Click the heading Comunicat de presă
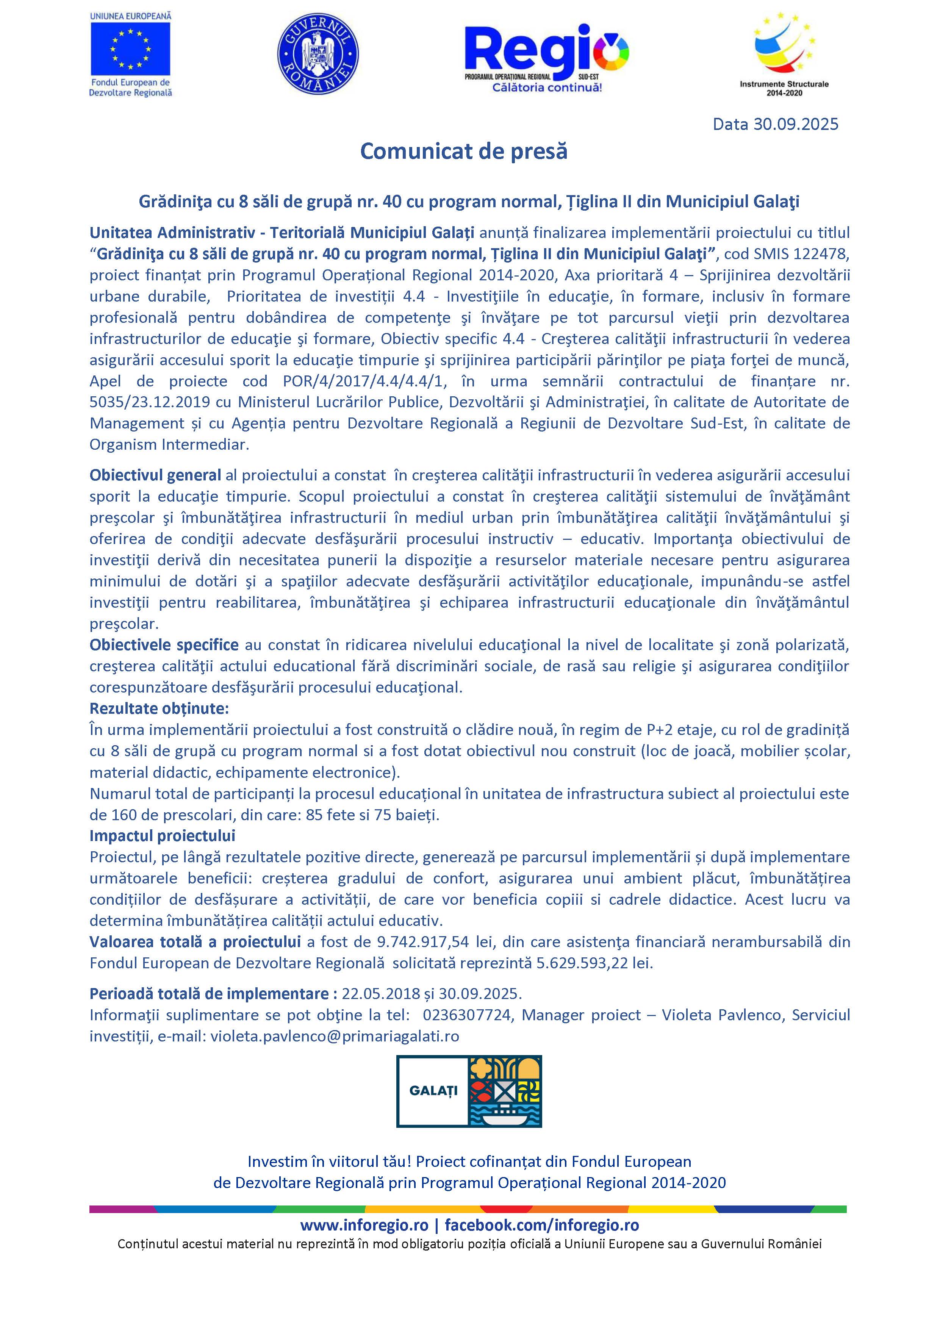[x=464, y=152]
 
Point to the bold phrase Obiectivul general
[x=155, y=475]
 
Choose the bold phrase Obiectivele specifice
[x=164, y=645]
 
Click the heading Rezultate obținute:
[x=159, y=708]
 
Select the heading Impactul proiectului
[x=162, y=836]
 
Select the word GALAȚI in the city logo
[x=433, y=1091]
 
